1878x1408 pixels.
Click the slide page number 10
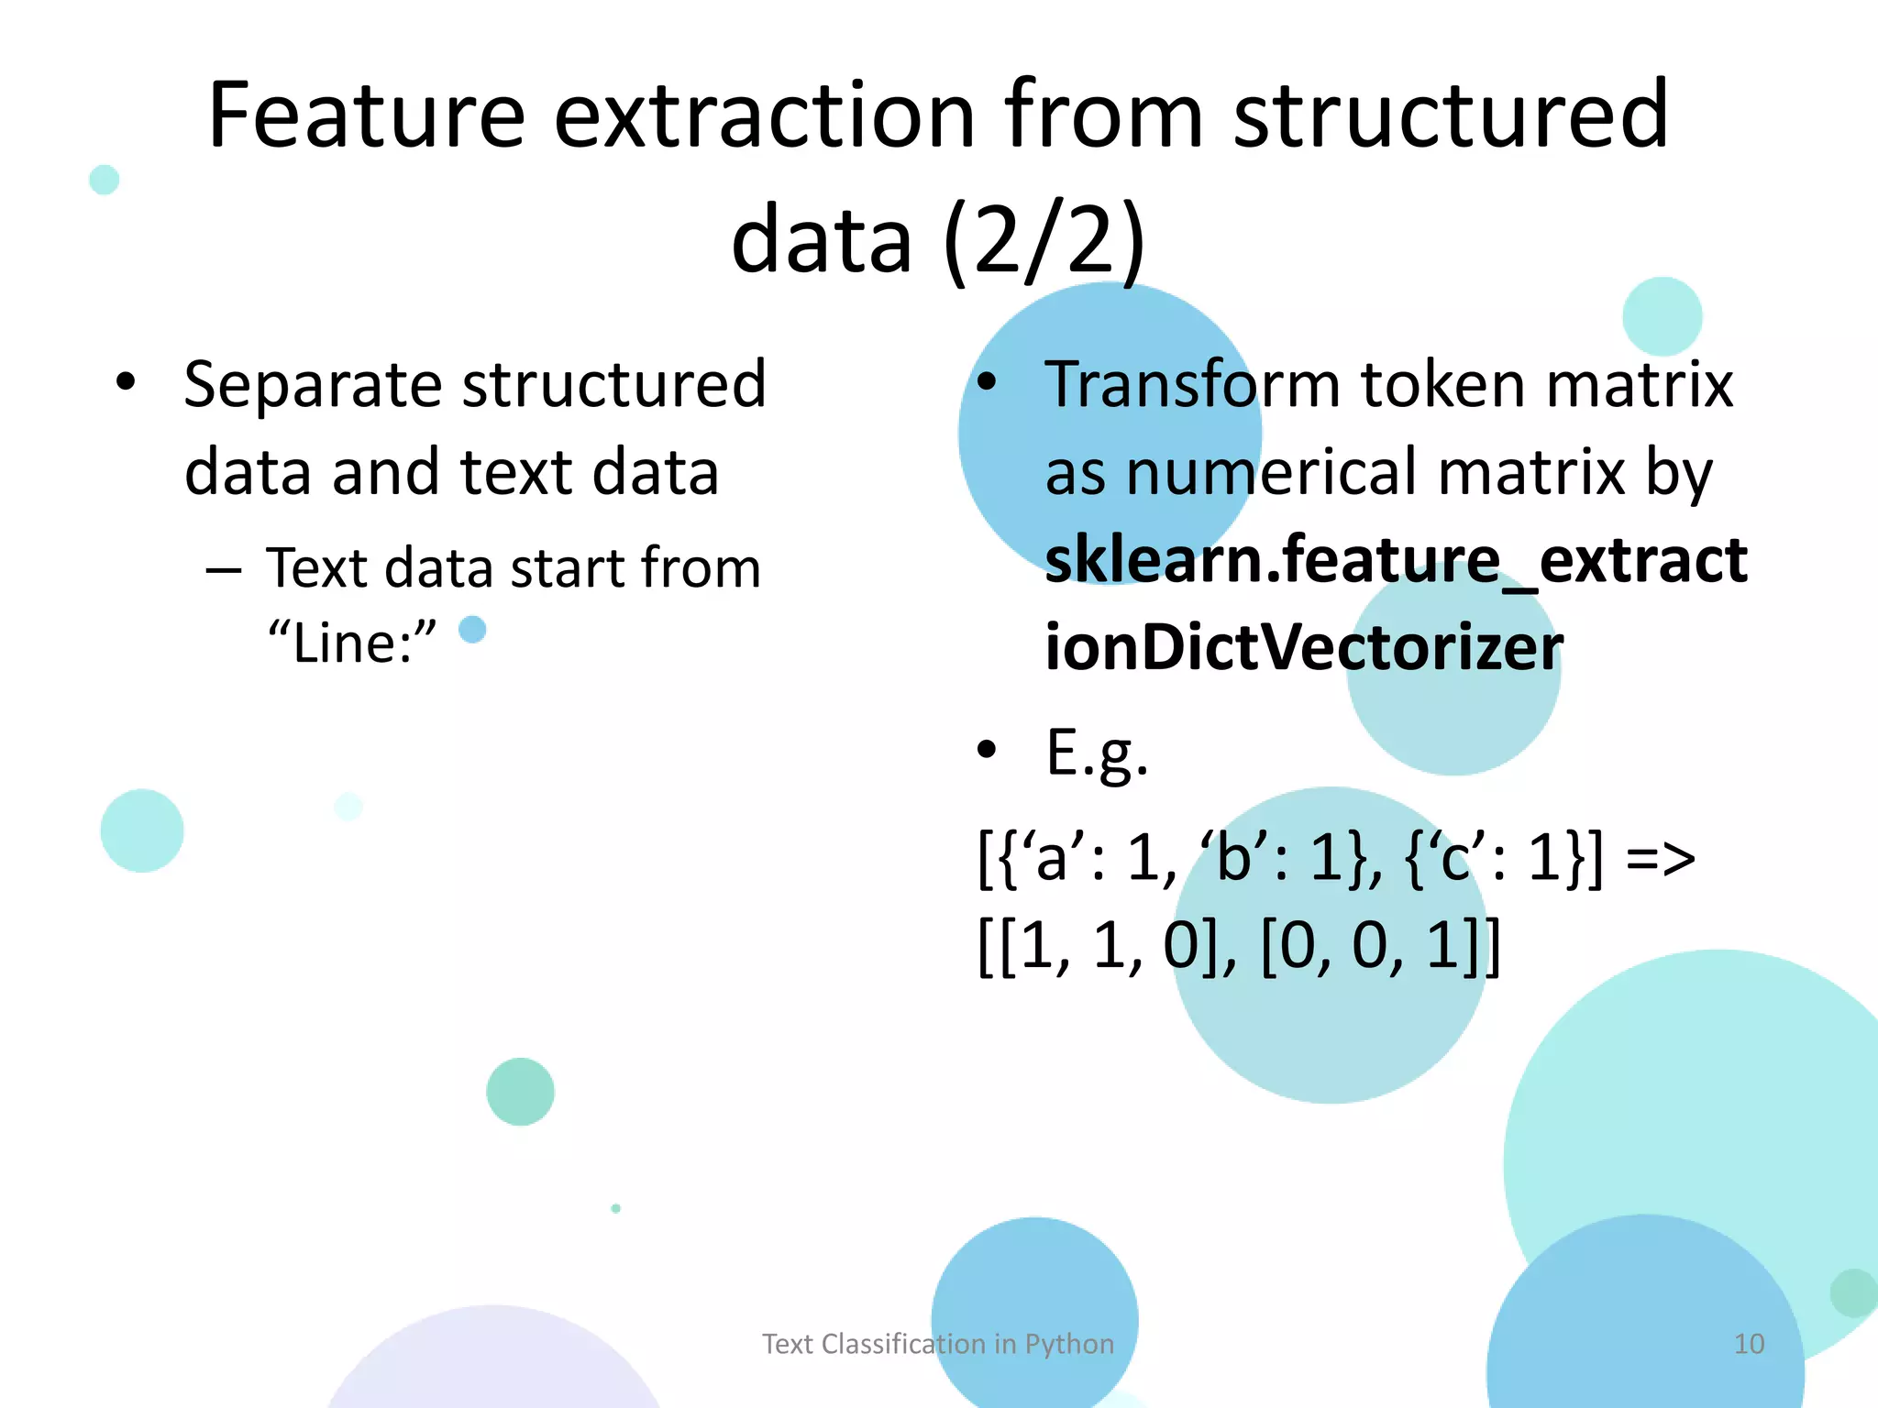point(1749,1343)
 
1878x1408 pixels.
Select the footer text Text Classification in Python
point(938,1343)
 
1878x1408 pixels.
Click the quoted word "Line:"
point(352,642)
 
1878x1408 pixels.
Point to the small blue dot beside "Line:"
point(472,630)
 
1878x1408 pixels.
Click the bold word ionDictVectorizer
point(1303,646)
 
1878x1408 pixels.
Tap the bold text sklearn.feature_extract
point(1395,559)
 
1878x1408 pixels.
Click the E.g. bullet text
point(1096,753)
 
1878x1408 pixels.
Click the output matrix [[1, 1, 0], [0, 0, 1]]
point(1239,946)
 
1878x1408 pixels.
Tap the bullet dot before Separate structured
point(126,381)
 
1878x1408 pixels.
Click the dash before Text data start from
point(224,570)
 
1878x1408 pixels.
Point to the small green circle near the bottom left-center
point(520,1091)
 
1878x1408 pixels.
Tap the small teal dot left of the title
point(105,180)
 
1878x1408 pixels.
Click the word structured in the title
point(1450,115)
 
